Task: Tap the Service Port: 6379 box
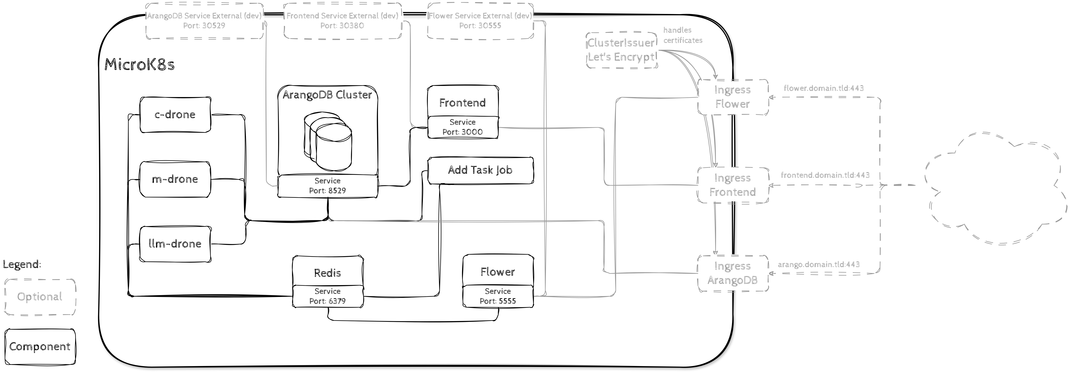point(327,296)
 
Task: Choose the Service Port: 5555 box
point(497,296)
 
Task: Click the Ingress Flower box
point(733,97)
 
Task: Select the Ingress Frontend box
point(733,185)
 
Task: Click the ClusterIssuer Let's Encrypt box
point(621,50)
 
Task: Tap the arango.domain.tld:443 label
point(818,264)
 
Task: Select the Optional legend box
point(40,297)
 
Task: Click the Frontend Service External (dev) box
point(342,21)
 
